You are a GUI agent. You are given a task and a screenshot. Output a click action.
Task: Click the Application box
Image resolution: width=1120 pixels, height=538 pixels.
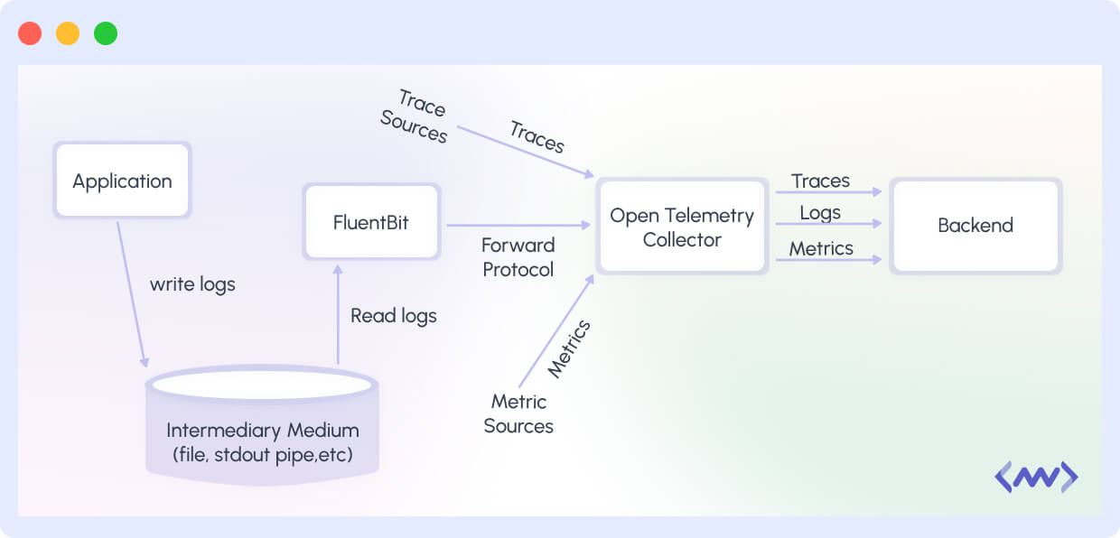(x=122, y=181)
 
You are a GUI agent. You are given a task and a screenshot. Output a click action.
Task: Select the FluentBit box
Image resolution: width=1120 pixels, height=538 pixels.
(x=370, y=222)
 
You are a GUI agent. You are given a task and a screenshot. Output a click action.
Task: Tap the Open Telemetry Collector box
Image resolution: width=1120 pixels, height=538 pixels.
(x=681, y=227)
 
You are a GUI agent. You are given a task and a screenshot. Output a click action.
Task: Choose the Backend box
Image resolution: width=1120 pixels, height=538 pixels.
(x=975, y=226)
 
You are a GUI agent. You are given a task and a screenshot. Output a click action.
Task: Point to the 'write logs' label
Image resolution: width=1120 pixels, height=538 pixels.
(x=192, y=284)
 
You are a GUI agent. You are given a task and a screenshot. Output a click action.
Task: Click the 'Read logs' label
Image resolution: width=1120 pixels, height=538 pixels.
(x=393, y=316)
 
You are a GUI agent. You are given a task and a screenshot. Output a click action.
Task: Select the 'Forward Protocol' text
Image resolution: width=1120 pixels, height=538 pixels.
(x=518, y=257)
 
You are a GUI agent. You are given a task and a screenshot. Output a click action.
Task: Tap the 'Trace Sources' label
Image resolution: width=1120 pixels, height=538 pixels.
(x=415, y=117)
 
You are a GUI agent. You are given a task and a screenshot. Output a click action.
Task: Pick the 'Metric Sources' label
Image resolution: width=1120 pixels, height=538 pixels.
(x=518, y=413)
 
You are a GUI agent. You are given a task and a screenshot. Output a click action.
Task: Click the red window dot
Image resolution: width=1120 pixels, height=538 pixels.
(x=30, y=33)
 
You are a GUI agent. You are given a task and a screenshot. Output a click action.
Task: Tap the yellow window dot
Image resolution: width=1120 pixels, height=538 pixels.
(x=68, y=33)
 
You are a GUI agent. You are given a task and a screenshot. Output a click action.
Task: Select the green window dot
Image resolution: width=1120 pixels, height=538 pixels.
(x=106, y=33)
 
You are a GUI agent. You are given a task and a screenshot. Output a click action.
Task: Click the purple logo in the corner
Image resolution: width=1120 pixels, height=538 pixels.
(x=1036, y=476)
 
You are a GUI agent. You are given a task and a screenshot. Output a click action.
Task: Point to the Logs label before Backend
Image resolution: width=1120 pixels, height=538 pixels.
(x=819, y=213)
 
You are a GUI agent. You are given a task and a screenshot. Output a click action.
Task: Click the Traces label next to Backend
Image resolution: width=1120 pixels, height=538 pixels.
(x=820, y=181)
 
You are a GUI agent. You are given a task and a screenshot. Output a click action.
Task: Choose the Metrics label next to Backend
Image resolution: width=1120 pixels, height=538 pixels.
(x=820, y=248)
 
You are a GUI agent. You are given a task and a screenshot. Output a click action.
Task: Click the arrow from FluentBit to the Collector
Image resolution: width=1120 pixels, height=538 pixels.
(x=515, y=225)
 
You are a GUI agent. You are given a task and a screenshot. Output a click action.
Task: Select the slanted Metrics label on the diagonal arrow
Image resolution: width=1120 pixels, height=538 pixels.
(x=569, y=348)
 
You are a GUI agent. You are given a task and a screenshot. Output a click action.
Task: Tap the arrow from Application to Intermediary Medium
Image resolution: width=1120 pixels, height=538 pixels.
(x=131, y=293)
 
